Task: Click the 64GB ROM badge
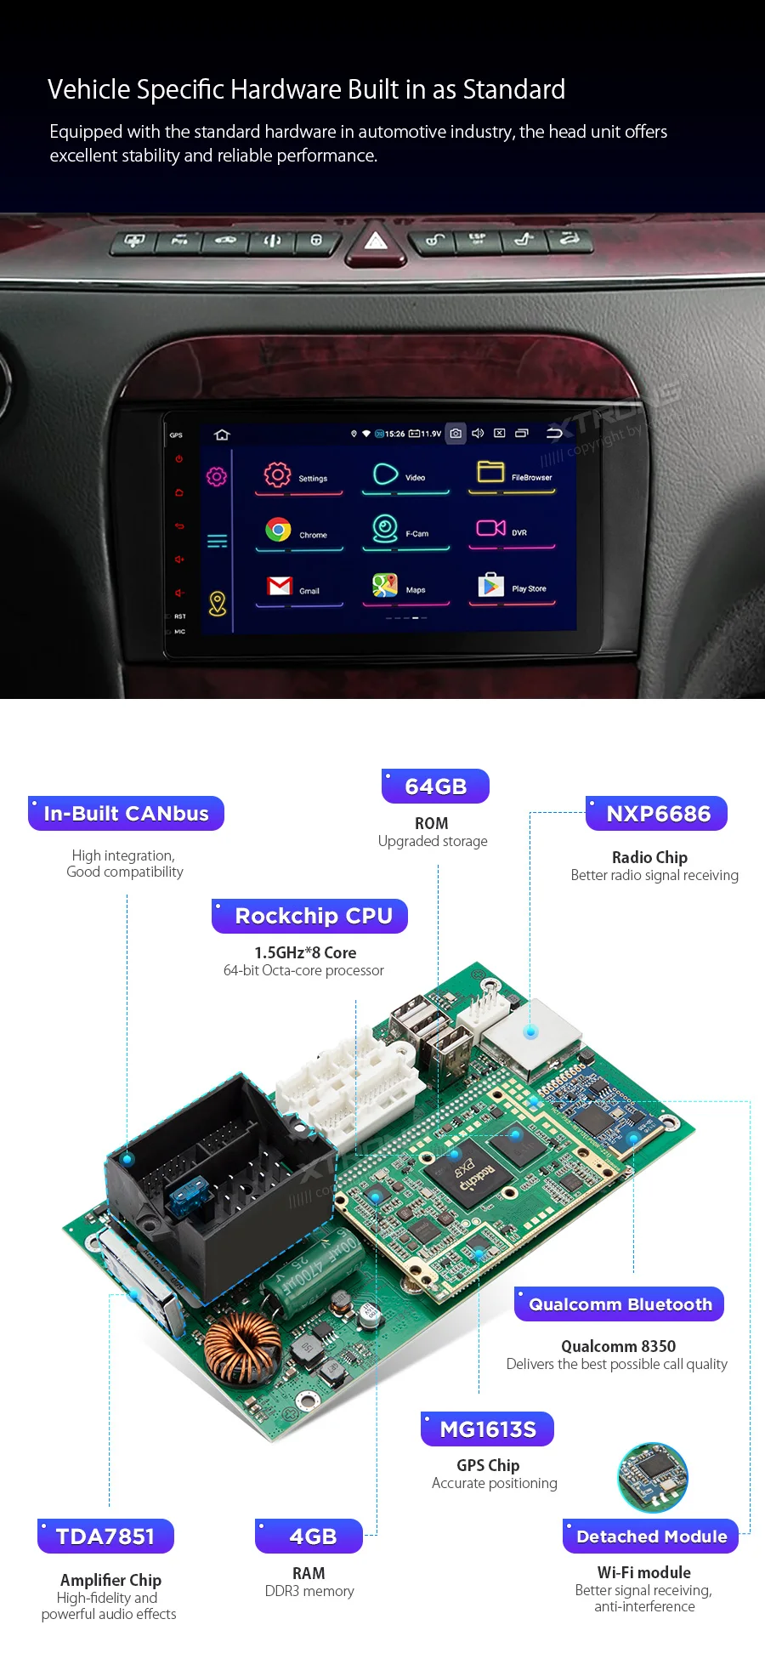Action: tap(435, 787)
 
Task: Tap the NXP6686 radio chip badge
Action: tap(657, 814)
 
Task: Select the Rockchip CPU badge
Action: tap(310, 917)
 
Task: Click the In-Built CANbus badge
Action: tap(126, 814)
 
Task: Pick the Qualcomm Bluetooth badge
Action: tap(620, 1304)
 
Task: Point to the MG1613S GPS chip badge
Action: tap(488, 1429)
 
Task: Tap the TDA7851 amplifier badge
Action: tap(106, 1537)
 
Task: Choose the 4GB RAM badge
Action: tap(310, 1537)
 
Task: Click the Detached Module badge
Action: tap(651, 1537)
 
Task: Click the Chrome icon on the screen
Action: tap(278, 530)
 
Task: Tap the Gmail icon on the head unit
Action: tap(280, 586)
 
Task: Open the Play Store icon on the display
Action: tap(490, 585)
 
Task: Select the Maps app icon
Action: tap(385, 585)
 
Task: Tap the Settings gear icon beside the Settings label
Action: tap(277, 474)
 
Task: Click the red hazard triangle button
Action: tap(376, 241)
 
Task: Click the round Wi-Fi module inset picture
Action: tap(653, 1477)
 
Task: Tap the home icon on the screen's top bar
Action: tap(223, 435)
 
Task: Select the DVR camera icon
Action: tap(490, 528)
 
